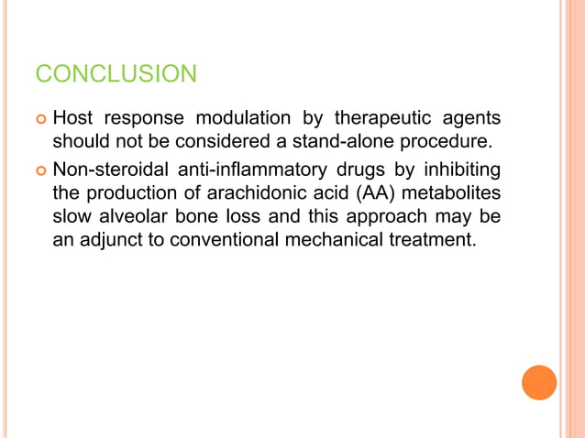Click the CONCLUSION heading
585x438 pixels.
116,73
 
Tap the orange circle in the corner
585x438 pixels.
539,382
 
